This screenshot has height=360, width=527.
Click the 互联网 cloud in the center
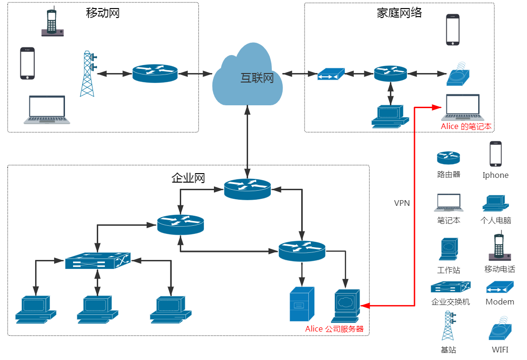247,76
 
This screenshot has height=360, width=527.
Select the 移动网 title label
102,13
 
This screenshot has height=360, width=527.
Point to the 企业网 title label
188,178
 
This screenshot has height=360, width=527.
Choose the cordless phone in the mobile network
52,22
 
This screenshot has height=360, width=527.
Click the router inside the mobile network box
155,74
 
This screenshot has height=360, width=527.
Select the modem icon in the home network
331,74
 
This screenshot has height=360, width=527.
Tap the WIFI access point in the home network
458,74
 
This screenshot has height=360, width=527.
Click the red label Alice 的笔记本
466,127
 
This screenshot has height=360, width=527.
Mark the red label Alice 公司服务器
334,329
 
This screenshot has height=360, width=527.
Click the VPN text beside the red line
402,203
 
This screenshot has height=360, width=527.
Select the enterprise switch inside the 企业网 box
98,260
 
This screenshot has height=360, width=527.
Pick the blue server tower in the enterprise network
302,304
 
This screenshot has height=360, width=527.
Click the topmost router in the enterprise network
247,189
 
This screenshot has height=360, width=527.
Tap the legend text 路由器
448,174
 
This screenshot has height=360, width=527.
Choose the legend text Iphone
495,175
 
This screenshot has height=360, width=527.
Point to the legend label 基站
448,350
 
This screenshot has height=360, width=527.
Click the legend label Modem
499,302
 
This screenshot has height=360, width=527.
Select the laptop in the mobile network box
46,110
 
